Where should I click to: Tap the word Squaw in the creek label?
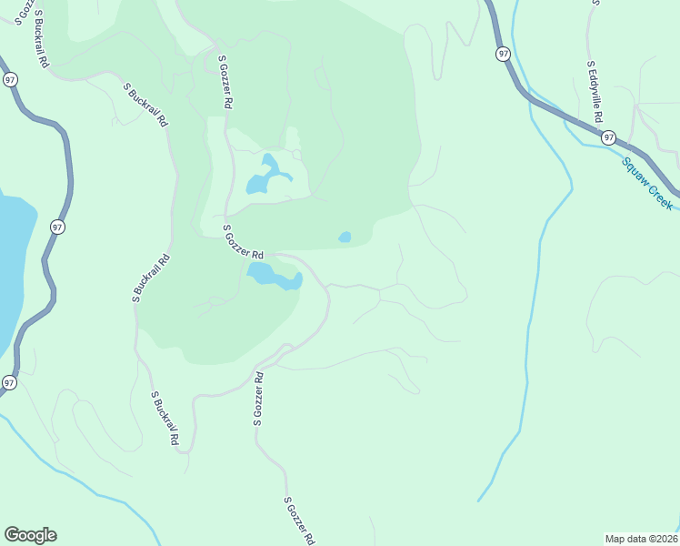(636, 171)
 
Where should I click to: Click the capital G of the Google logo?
(13, 535)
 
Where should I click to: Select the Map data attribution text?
(642, 538)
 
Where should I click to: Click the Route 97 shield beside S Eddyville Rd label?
(608, 137)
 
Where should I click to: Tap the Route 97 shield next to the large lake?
(57, 227)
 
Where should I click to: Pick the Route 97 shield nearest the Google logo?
(8, 382)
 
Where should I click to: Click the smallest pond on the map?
(345, 238)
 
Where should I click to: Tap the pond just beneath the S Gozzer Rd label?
(273, 276)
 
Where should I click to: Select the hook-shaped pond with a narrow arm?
(266, 176)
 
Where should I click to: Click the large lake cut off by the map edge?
(11, 264)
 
